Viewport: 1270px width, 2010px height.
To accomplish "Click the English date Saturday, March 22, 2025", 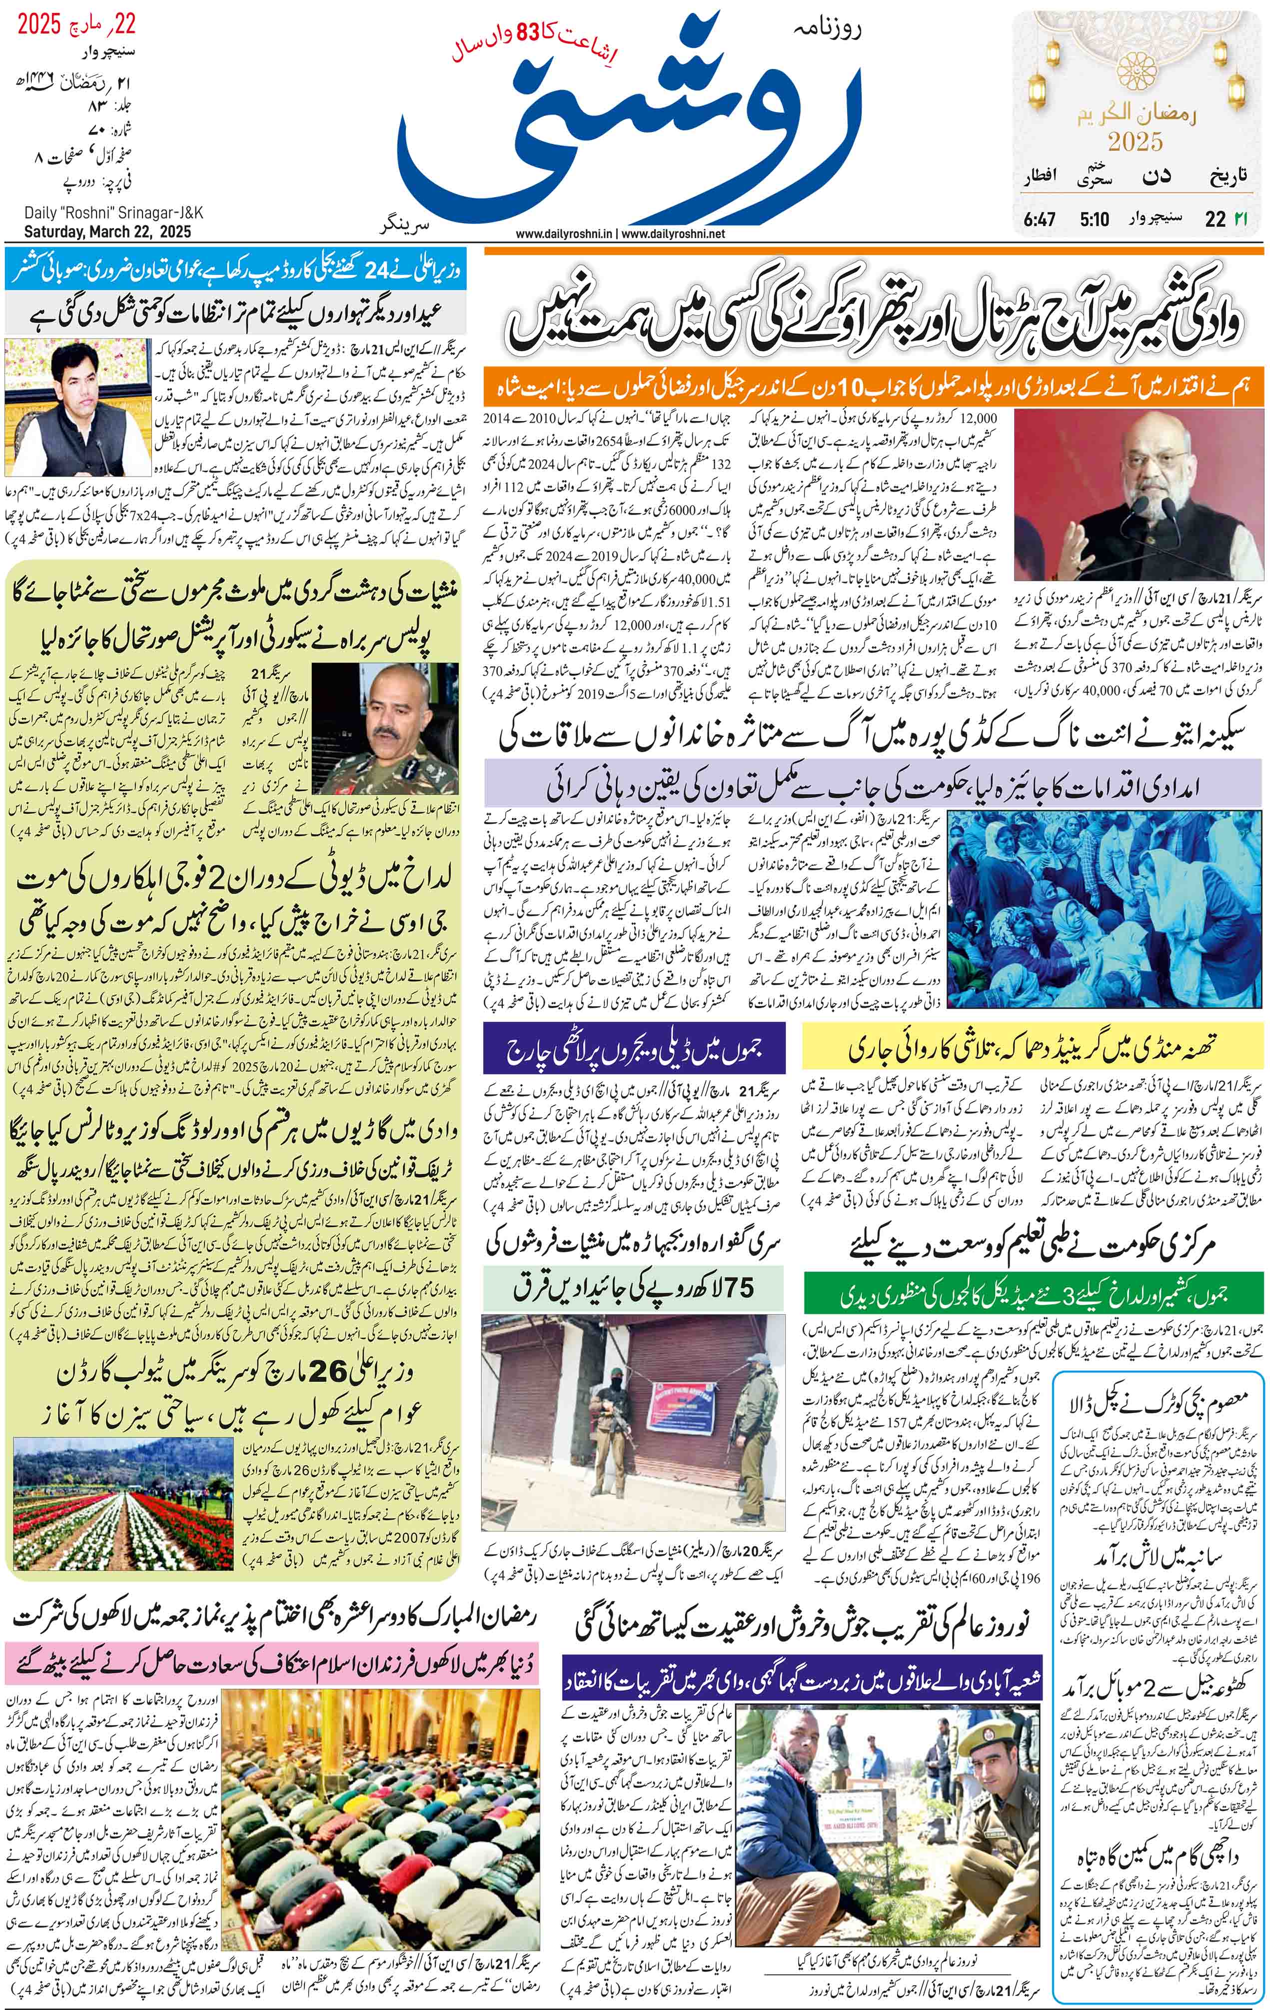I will click(x=107, y=231).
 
